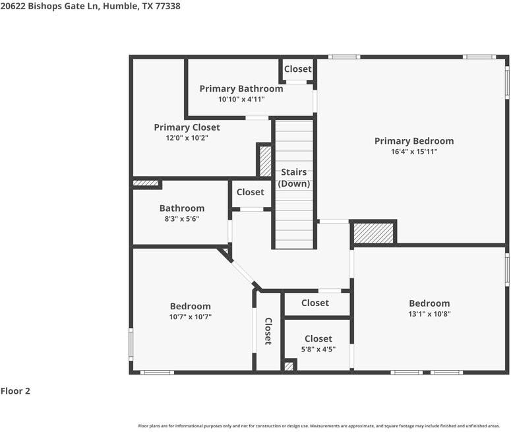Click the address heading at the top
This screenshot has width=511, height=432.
pos(90,6)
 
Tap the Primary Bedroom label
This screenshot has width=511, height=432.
pos(414,140)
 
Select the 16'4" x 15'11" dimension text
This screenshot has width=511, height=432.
pos(414,152)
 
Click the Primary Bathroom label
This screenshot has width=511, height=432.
pos(241,88)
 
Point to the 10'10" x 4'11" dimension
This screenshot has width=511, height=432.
pos(241,100)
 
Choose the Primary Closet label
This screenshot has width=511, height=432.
pos(187,127)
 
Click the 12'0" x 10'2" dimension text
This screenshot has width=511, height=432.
pos(187,138)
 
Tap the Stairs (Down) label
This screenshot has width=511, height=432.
pos(293,178)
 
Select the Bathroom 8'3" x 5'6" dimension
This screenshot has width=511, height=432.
pos(182,219)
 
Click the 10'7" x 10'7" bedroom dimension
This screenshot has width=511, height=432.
pos(191,317)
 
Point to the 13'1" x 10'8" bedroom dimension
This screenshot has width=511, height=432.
pos(429,314)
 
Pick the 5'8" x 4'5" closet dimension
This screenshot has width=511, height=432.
pos(318,350)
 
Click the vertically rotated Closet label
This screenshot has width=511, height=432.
pos(268,331)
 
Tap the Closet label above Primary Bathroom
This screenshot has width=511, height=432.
pos(298,69)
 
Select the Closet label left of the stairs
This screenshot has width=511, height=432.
pos(250,192)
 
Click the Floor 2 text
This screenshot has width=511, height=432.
pos(15,391)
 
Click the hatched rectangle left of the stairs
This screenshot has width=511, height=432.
pos(265,161)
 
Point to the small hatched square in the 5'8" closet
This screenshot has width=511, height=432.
pos(289,366)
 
